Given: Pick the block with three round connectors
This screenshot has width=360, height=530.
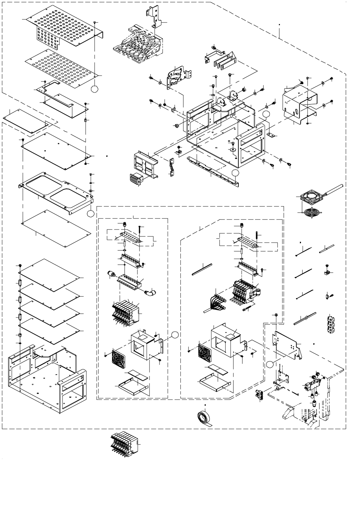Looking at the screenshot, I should (x=332, y=324).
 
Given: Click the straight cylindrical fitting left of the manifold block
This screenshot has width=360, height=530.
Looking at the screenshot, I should (x=111, y=274).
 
